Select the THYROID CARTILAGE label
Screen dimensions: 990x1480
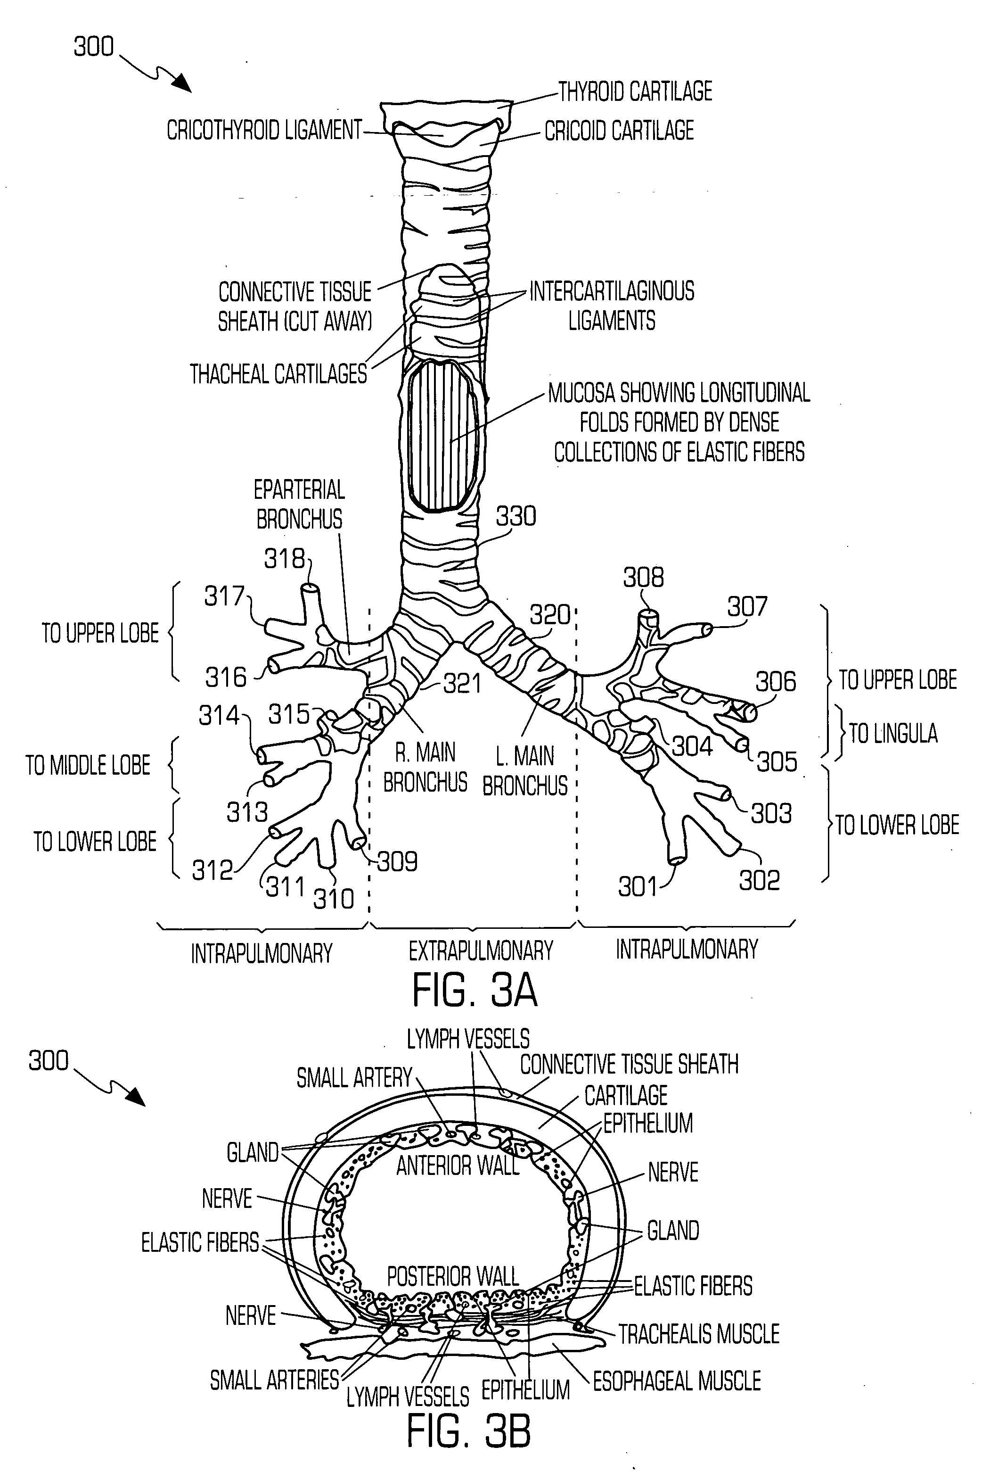click(635, 91)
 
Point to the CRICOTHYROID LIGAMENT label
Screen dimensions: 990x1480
click(264, 130)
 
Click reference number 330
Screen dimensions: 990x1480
click(516, 517)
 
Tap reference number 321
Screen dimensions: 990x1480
click(462, 684)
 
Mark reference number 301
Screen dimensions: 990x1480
click(638, 887)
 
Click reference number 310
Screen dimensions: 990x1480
click(334, 899)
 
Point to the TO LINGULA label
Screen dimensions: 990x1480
click(893, 733)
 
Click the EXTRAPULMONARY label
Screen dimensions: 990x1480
click(481, 951)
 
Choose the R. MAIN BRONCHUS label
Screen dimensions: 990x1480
click(425, 768)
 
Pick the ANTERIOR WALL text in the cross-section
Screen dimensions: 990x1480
click(458, 1166)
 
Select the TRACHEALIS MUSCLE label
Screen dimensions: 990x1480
click(699, 1334)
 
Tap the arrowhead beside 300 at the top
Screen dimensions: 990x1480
click(181, 83)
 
